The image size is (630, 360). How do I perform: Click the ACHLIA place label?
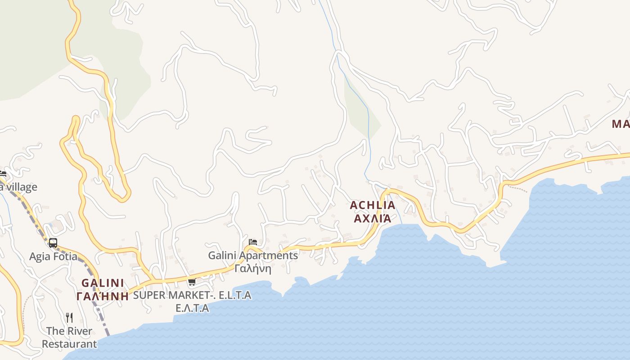tap(373, 205)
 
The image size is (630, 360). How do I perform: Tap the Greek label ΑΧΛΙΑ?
tap(373, 218)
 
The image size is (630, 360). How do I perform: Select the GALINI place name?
tap(103, 283)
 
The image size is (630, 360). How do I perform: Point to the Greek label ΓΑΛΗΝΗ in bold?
tap(103, 296)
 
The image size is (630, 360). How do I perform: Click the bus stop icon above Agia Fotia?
tap(53, 243)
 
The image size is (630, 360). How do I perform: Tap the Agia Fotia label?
tap(53, 256)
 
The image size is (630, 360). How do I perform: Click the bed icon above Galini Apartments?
tap(253, 242)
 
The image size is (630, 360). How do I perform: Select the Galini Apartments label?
tap(253, 255)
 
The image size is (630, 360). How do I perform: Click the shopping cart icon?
tap(192, 282)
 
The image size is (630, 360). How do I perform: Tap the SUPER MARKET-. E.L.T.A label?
tap(192, 295)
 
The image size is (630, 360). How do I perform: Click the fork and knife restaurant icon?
tap(69, 318)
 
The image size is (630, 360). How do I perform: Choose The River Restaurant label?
tap(69, 337)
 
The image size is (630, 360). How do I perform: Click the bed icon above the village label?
tap(3, 174)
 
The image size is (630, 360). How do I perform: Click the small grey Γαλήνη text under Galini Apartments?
tap(253, 269)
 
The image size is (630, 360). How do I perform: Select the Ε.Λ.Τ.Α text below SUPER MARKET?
tap(192, 308)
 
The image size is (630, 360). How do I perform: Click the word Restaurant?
tap(69, 344)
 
